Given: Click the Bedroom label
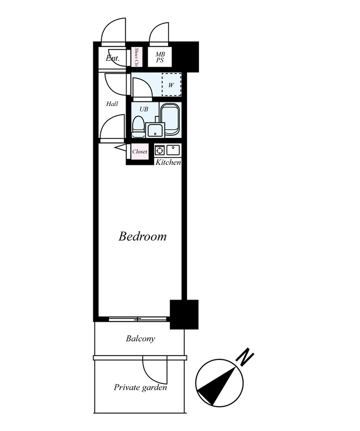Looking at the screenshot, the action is click(142, 237).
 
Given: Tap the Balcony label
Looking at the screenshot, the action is click(140, 338).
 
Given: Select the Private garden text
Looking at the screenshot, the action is click(140, 387).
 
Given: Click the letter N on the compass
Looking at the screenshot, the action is click(245, 357).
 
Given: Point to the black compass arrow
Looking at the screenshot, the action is click(217, 385).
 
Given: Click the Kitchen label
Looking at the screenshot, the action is click(168, 162).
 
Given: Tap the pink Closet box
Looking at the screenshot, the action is click(140, 151).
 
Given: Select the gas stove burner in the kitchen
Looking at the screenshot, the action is click(160, 150).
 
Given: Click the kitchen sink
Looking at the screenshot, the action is click(173, 150).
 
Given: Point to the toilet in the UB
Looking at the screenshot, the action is click(138, 127).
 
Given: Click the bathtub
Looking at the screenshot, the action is click(170, 119).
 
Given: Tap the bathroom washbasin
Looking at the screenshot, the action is click(155, 130).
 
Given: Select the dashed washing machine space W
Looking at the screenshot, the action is click(171, 85).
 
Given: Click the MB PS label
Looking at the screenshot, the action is click(160, 57).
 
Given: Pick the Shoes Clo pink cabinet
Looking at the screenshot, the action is click(136, 57).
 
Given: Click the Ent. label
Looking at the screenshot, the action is click(113, 58).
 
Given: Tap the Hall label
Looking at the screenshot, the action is click(112, 103).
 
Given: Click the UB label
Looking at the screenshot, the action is click(144, 109).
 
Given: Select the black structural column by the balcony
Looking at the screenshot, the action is click(184, 315).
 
